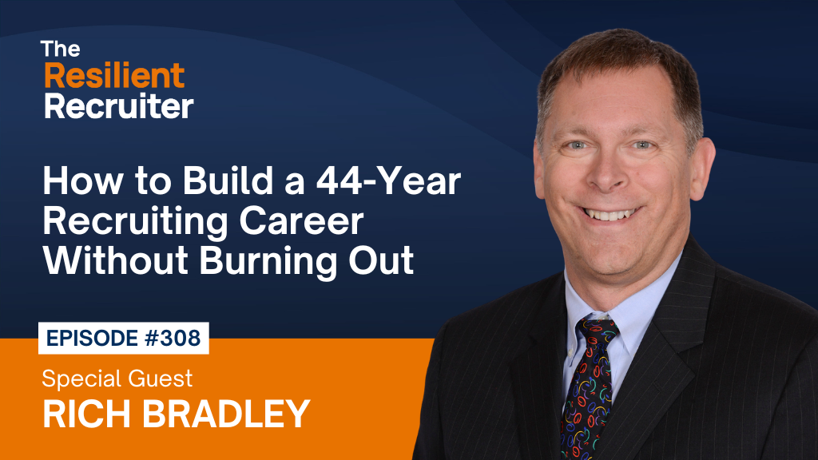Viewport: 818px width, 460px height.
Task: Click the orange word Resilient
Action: tap(114, 76)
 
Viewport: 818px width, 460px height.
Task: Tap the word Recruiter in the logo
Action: tap(119, 106)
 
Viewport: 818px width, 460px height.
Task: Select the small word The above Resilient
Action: tap(60, 49)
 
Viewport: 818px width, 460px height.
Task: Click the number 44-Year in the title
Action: tap(388, 180)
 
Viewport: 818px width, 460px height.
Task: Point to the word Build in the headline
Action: tap(228, 180)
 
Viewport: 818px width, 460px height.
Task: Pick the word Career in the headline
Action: tap(301, 221)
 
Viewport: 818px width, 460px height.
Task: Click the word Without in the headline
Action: tap(115, 261)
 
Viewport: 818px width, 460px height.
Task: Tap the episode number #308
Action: tap(173, 338)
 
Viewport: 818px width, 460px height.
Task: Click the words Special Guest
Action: tap(117, 379)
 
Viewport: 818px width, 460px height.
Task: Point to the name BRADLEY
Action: tap(226, 414)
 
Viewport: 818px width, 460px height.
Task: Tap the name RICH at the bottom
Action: tap(86, 414)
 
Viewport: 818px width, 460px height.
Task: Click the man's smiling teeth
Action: tap(610, 214)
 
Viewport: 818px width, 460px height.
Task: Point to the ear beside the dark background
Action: tap(702, 168)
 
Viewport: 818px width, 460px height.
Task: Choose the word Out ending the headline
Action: tap(381, 261)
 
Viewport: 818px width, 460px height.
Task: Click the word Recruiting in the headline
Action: tap(136, 222)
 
